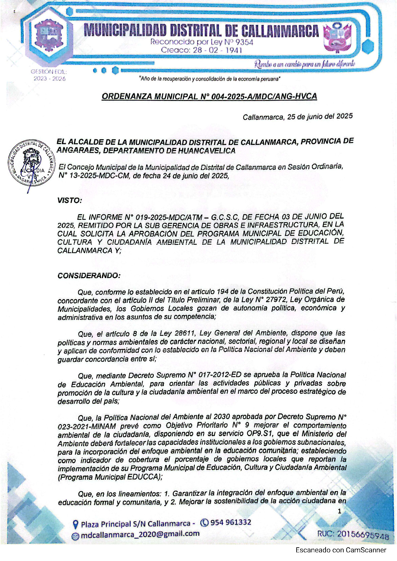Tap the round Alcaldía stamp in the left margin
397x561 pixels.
point(31,163)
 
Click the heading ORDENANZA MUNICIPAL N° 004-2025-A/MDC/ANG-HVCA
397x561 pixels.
point(209,97)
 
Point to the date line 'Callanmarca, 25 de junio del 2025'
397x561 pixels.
point(298,117)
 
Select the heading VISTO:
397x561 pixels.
point(69,201)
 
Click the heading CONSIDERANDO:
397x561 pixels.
point(89,276)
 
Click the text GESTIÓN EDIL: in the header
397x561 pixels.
point(49,72)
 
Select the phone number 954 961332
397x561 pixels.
point(231,522)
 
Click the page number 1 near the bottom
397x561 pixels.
point(340,511)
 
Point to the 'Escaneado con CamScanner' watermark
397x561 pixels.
point(341,550)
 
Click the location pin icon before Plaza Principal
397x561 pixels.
point(75,525)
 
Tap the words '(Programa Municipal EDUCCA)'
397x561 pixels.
point(110,477)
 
